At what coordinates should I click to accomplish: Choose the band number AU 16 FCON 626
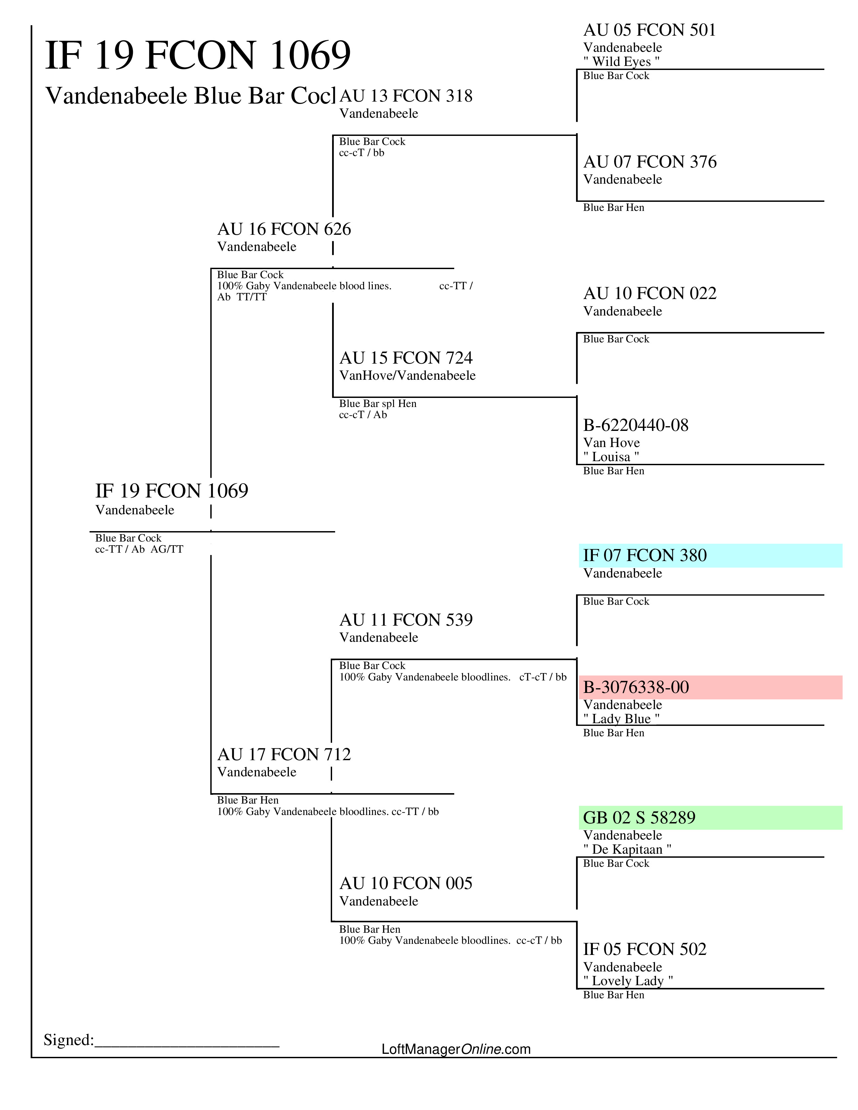point(284,229)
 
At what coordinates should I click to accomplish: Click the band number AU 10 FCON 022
point(650,293)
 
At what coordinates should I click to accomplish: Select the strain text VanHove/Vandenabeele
point(407,376)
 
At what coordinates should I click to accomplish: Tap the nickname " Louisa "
point(611,456)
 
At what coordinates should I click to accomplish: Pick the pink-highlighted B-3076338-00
point(636,687)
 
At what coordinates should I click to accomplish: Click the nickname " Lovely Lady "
point(628,980)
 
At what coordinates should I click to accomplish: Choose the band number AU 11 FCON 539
point(406,620)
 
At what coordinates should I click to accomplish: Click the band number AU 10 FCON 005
point(406,883)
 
